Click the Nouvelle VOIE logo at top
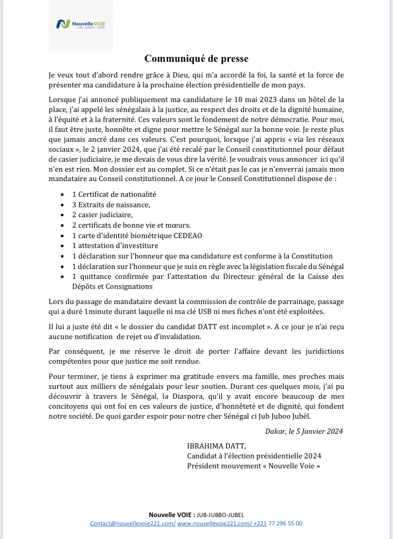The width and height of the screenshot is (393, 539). click(x=81, y=24)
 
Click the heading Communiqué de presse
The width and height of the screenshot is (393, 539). click(x=196, y=58)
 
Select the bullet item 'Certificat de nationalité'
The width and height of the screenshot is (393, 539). click(x=114, y=194)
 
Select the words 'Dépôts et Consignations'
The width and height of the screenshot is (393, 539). click(x=112, y=287)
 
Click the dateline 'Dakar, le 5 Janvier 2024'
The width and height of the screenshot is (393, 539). click(x=304, y=431)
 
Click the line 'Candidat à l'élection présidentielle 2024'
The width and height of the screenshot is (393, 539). click(x=254, y=456)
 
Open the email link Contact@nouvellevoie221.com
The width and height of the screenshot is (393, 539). click(x=133, y=523)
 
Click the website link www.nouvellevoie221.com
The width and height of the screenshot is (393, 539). click(x=214, y=523)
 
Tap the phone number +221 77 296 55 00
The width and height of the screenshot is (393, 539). click(x=278, y=523)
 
